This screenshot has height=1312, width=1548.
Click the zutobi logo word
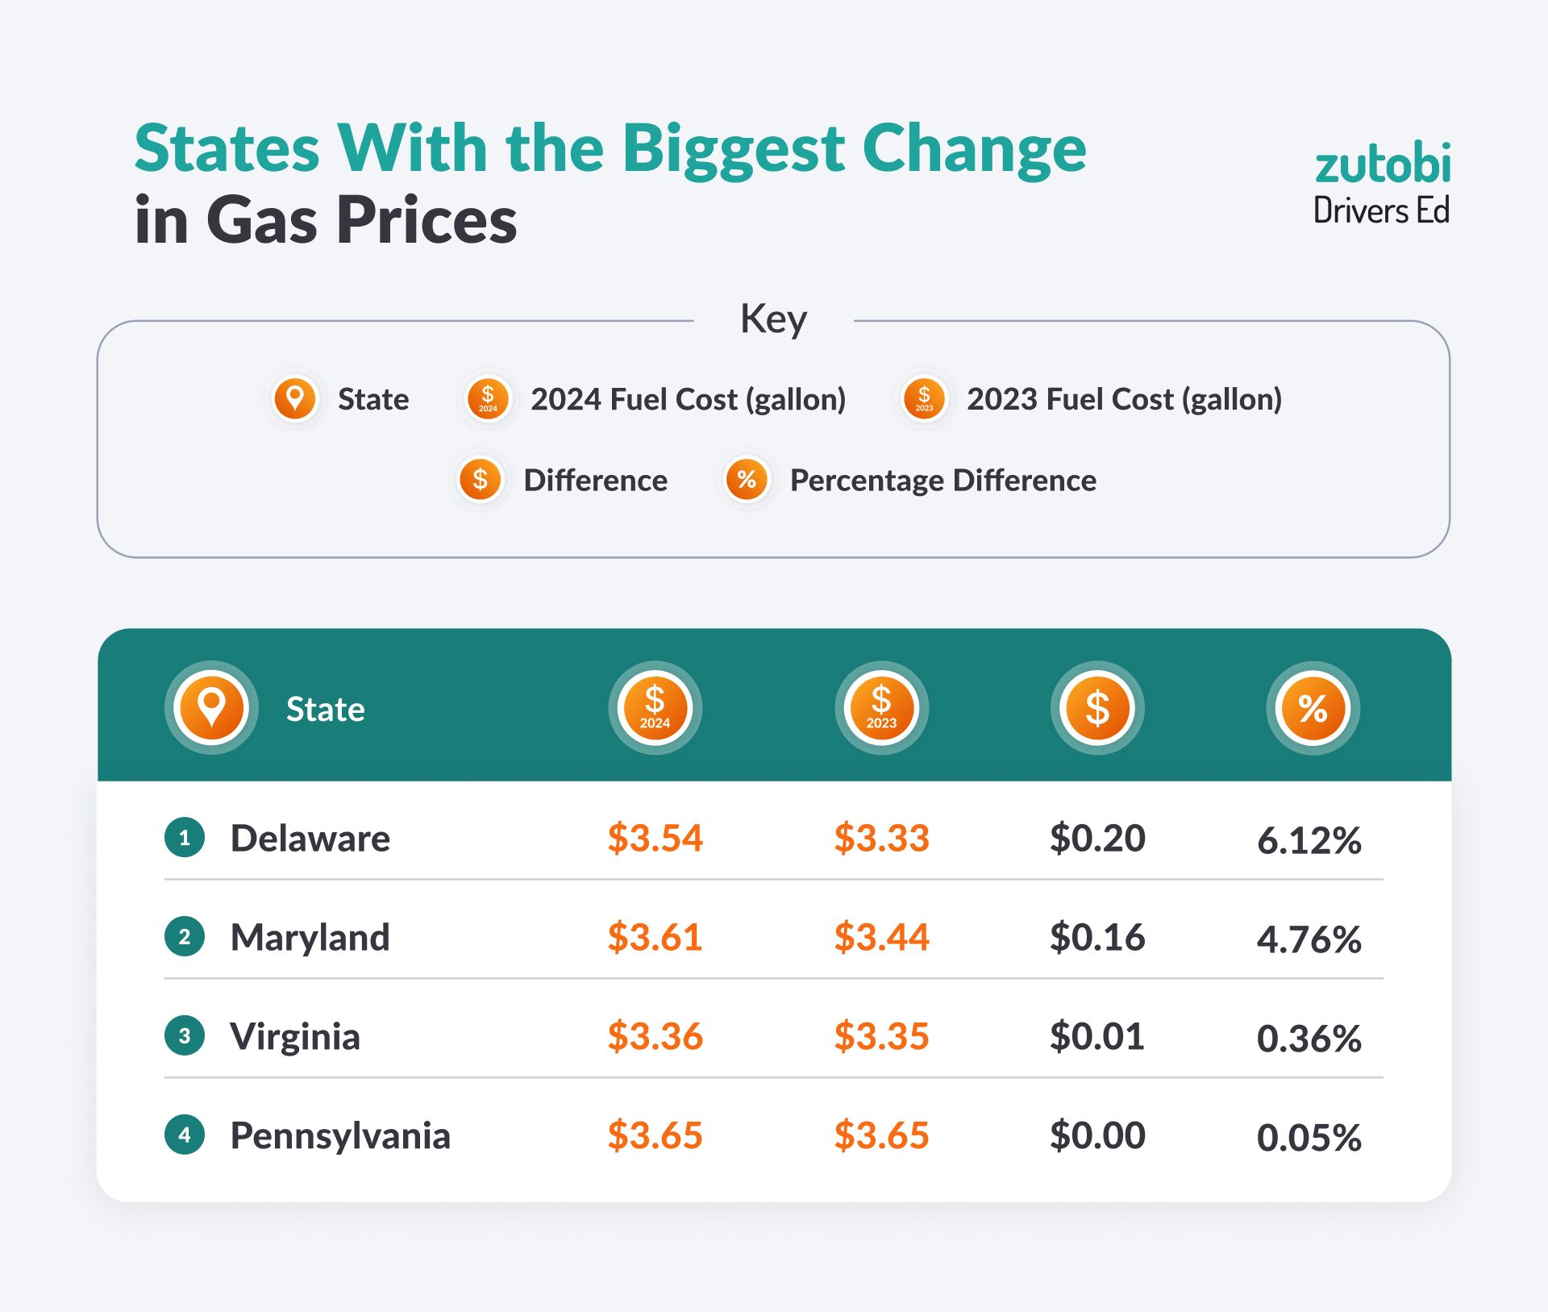(x=1382, y=164)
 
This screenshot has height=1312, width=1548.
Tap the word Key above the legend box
(x=773, y=319)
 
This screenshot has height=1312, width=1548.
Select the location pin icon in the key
(x=295, y=398)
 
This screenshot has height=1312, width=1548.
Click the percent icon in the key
(x=747, y=480)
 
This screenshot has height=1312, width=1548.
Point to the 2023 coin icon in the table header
(x=881, y=708)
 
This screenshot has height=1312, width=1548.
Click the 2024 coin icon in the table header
(x=655, y=708)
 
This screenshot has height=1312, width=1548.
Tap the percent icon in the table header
(x=1313, y=708)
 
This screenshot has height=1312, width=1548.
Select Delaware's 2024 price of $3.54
(x=655, y=838)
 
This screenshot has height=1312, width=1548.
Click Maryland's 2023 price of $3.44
(x=881, y=937)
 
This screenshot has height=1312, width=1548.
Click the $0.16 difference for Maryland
(x=1097, y=937)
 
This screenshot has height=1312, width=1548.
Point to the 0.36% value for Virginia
(x=1309, y=1039)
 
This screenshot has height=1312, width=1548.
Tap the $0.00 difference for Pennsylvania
(x=1097, y=1135)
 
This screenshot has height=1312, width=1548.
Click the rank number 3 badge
(x=185, y=1035)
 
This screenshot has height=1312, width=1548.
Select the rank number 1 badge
(x=185, y=838)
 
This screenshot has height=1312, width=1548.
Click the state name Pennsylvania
(x=340, y=1135)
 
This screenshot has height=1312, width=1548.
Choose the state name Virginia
(x=295, y=1036)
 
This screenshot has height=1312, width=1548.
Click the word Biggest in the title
(x=733, y=150)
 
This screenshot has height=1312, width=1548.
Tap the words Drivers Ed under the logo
(x=1381, y=211)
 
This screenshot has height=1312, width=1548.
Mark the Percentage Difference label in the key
(x=943, y=481)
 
